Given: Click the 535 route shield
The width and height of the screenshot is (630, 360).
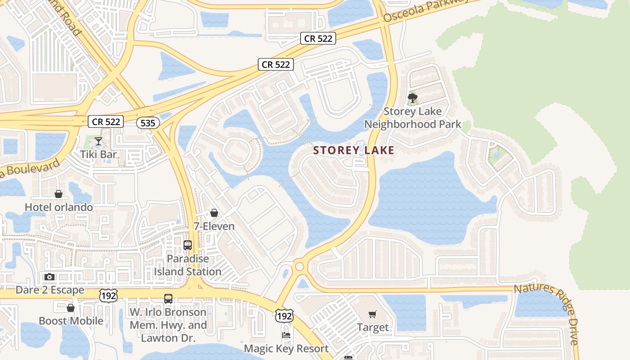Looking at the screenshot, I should tap(148, 123).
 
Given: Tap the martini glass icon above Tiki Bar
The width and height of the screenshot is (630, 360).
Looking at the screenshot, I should tap(99, 142).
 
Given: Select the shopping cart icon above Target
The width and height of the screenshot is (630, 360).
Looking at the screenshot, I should tap(372, 314).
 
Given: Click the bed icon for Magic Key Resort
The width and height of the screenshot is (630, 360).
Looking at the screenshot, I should tap(286, 335).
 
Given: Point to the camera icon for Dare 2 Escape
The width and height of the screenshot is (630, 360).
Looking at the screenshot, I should tap(49, 277).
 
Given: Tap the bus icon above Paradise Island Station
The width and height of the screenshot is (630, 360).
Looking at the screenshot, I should tap(188, 245).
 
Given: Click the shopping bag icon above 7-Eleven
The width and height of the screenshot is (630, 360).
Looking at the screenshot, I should tap(214, 212).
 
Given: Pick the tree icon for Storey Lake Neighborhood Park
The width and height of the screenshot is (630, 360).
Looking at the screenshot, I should tap(412, 98).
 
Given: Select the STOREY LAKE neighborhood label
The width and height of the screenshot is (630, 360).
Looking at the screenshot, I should tap(354, 151).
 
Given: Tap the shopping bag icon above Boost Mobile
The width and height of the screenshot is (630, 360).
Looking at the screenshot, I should tap(71, 308).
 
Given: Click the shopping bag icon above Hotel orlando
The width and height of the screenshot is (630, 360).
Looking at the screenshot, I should tap(58, 194).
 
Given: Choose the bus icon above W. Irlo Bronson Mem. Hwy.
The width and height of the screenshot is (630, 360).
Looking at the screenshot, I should tap(168, 298).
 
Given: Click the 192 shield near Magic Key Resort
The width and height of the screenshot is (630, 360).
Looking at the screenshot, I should tap(284, 316).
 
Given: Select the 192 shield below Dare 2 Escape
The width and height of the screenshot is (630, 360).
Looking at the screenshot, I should tap(108, 295).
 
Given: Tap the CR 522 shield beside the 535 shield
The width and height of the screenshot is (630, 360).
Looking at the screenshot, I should tap(106, 121).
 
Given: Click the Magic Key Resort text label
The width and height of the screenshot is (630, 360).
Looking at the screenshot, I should tap(286, 349).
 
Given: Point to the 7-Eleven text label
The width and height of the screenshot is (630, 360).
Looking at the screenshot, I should tap(214, 226).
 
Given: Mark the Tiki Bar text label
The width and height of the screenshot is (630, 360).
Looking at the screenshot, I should tap(99, 154).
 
